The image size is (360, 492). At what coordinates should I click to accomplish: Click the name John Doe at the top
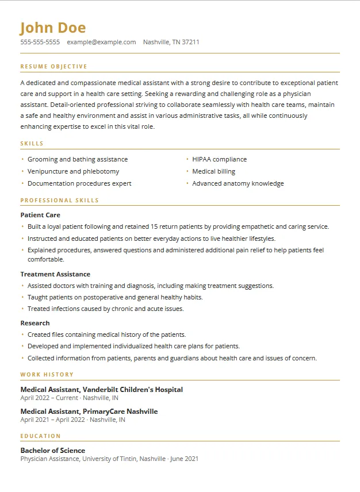53,28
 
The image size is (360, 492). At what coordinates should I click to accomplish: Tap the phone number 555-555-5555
40,42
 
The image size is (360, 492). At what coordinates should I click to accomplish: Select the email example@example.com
101,42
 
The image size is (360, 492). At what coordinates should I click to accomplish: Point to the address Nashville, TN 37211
171,42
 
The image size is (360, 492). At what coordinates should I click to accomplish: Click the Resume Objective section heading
54,67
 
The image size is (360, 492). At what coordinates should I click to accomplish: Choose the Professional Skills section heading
60,201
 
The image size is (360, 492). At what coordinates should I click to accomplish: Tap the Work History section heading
47,375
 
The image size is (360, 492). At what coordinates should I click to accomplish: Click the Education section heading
41,436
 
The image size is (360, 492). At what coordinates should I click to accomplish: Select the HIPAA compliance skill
219,159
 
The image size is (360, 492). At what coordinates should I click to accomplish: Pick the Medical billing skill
213,171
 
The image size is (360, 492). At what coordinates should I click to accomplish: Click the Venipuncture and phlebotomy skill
73,171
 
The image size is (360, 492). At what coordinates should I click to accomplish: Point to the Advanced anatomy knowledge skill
238,183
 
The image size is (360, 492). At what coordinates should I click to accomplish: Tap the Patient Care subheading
40,215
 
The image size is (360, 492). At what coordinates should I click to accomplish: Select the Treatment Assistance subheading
55,274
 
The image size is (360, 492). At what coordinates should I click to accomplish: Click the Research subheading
35,323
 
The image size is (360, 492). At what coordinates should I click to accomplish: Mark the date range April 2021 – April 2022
48,420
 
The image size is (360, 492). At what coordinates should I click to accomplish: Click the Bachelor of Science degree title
53,451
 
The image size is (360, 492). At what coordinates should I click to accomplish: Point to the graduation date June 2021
184,459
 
